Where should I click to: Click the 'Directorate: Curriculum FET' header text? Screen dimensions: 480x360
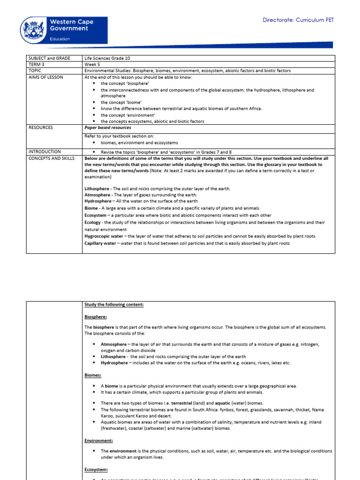tap(298, 20)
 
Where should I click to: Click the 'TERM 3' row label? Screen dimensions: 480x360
tap(37, 64)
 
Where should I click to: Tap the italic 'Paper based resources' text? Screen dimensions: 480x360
tap(108, 127)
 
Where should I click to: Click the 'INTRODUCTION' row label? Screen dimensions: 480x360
tap(44, 152)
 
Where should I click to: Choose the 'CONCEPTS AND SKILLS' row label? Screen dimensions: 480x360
tap(51, 158)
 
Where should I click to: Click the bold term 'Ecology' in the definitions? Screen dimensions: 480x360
tap(93, 222)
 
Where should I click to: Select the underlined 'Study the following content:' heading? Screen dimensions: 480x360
tap(114, 305)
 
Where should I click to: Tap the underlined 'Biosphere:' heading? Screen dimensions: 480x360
tap(96, 317)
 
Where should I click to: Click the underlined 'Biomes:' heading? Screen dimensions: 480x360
tap(93, 375)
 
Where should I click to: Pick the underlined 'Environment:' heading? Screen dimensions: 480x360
tap(98, 441)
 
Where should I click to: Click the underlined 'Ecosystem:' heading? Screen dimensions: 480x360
tap(96, 469)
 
